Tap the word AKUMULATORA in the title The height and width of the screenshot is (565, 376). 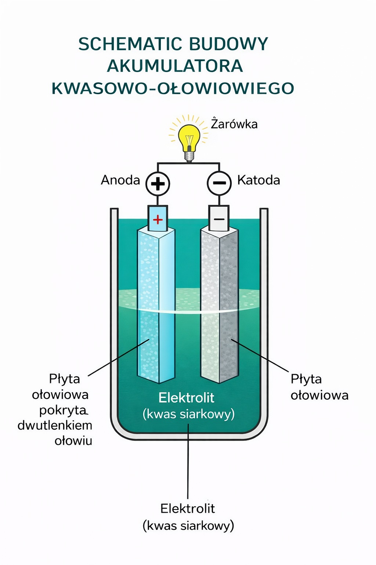click(x=175, y=66)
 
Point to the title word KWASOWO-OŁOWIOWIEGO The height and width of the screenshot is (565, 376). click(x=173, y=88)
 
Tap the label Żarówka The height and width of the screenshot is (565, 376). click(x=234, y=124)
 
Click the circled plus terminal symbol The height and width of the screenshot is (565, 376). click(x=158, y=183)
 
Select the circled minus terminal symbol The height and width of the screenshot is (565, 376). click(x=219, y=183)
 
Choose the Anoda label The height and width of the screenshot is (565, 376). click(x=120, y=180)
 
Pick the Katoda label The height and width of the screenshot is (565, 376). click(x=258, y=180)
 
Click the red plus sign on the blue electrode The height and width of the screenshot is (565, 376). click(x=158, y=220)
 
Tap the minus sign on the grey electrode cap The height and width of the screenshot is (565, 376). click(x=219, y=219)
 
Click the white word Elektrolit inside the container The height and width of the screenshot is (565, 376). click(x=187, y=398)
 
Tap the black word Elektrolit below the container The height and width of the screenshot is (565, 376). click(x=188, y=508)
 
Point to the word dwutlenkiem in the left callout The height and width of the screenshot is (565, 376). click(x=55, y=425)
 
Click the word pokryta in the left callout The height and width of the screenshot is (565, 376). click(x=63, y=410)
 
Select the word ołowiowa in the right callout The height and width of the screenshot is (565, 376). click(x=319, y=395)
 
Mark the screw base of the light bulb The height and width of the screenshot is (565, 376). click(x=189, y=156)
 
